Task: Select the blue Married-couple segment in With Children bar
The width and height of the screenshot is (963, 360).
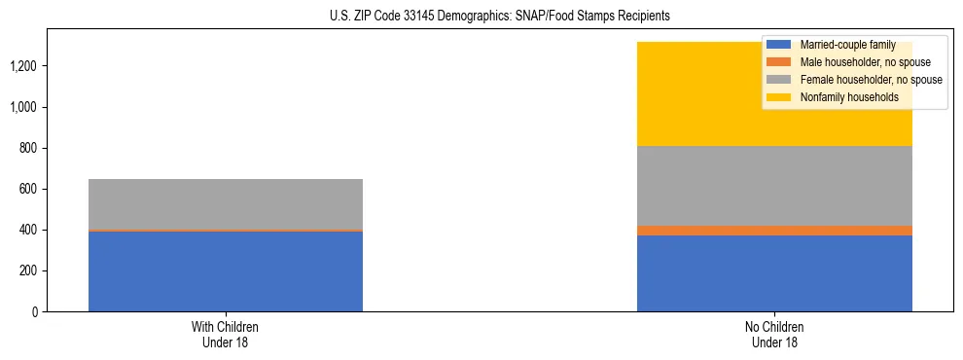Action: (226, 271)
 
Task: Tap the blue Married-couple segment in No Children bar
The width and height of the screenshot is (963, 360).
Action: (774, 273)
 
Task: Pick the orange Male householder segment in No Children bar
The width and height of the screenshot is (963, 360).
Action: (774, 231)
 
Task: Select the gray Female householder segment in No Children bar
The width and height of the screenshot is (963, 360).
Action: (774, 186)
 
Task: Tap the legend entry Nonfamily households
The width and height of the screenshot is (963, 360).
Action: (841, 97)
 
